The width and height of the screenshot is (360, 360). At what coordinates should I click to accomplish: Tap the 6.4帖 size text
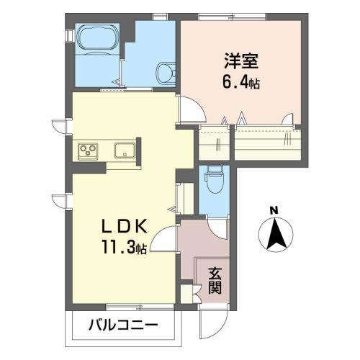240,83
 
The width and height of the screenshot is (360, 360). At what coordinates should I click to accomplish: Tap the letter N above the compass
273,210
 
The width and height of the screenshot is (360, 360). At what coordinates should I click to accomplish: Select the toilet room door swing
219,226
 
